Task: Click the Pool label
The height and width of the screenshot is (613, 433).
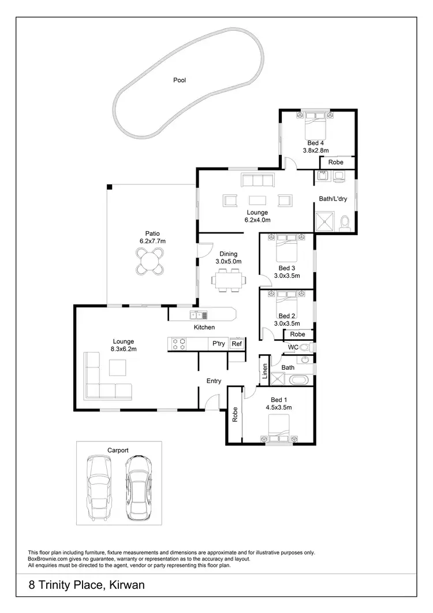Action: coord(180,80)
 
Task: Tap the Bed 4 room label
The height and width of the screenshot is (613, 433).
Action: coord(315,143)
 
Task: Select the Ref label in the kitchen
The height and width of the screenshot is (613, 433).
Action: coord(236,344)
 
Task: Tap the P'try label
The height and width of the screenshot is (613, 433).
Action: coord(218,344)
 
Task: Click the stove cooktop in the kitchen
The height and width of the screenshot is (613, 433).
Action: coord(178,344)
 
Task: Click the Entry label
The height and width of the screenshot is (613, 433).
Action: coord(214,381)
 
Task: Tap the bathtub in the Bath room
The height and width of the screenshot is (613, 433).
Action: coord(300,380)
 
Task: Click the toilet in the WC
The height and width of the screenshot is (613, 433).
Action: coord(308,347)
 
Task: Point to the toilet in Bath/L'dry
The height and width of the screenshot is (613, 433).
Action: coord(345,222)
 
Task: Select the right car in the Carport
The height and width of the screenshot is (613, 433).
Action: coord(138,486)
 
